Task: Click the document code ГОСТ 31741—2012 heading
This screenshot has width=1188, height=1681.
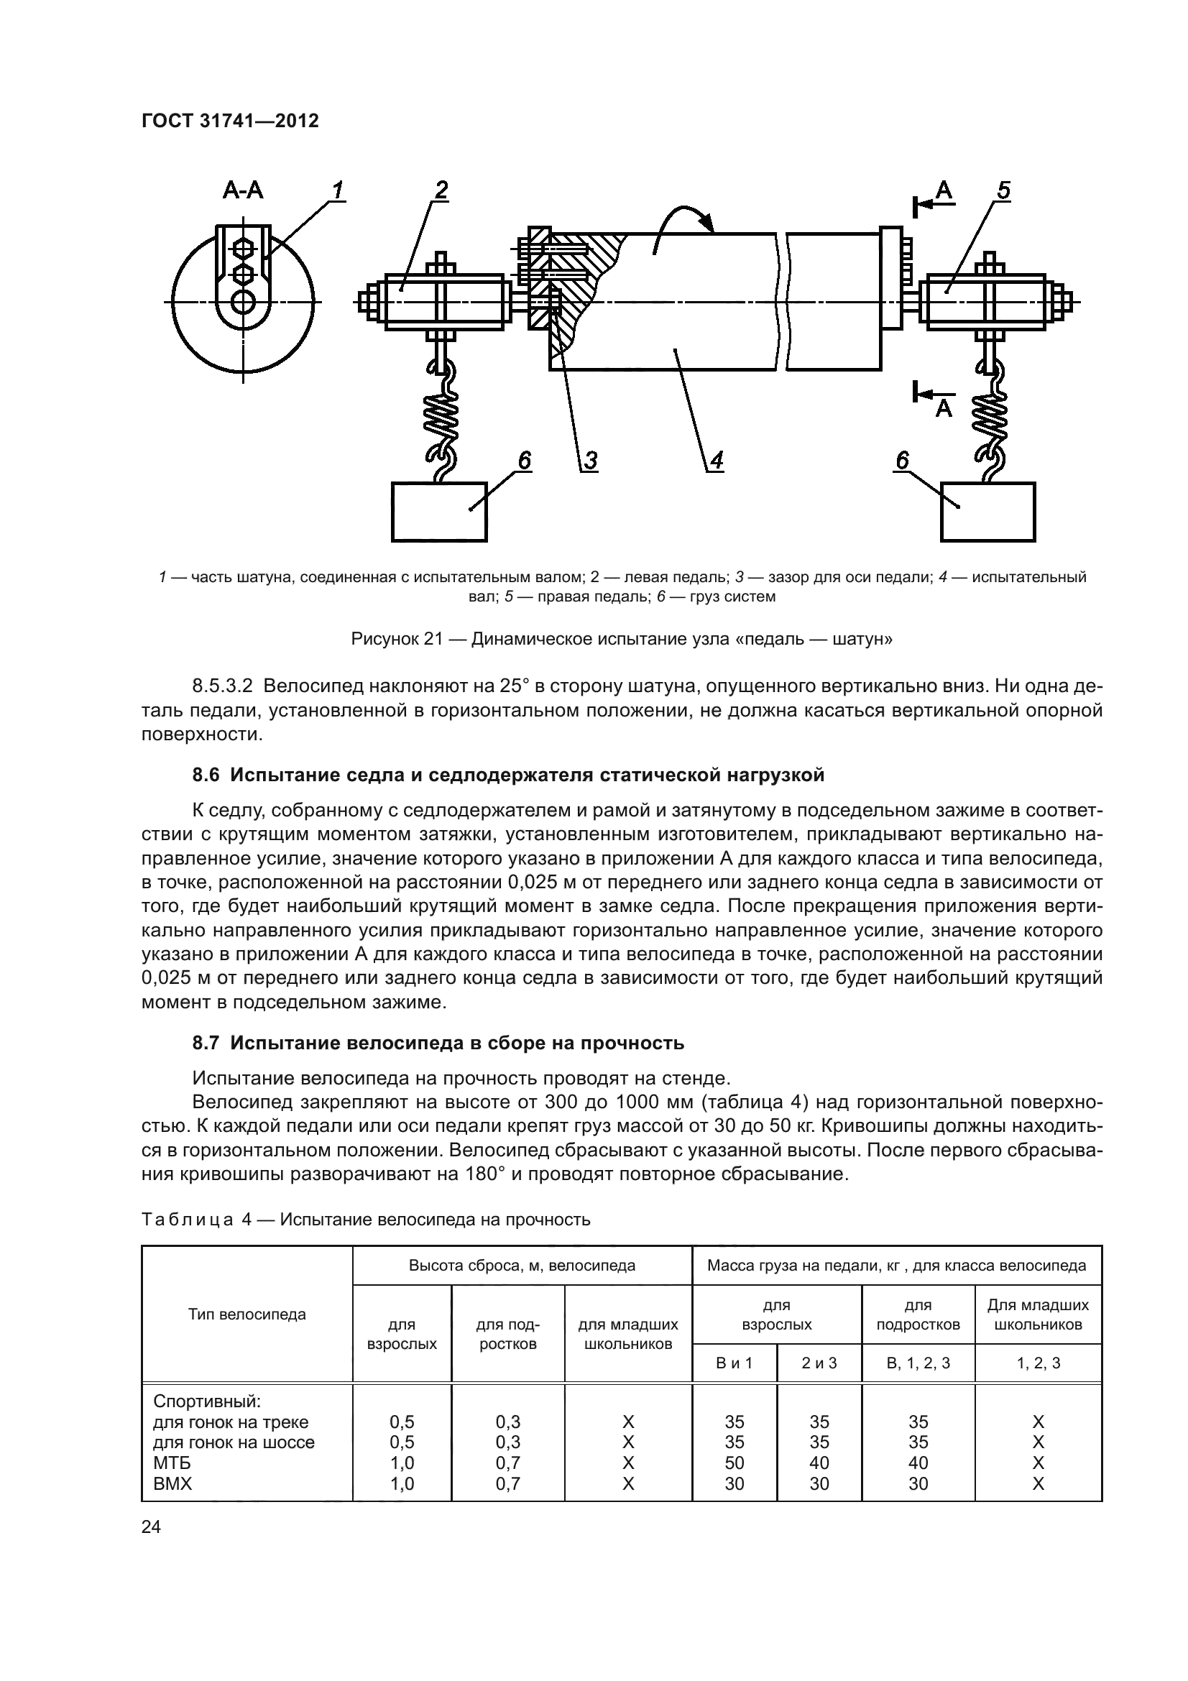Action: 230,121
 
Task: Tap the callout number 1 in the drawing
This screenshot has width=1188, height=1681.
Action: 337,190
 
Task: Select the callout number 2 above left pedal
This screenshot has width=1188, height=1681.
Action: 441,190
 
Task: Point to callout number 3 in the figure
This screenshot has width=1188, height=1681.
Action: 590,461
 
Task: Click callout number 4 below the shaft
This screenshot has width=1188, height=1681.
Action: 717,461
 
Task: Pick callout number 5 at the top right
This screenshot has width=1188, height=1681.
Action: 1003,190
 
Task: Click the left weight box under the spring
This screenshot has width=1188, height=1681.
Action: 439,512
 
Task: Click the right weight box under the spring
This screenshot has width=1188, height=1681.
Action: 987,512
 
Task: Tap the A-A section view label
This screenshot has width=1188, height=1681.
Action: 243,191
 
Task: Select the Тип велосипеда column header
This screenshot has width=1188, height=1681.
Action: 247,1314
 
